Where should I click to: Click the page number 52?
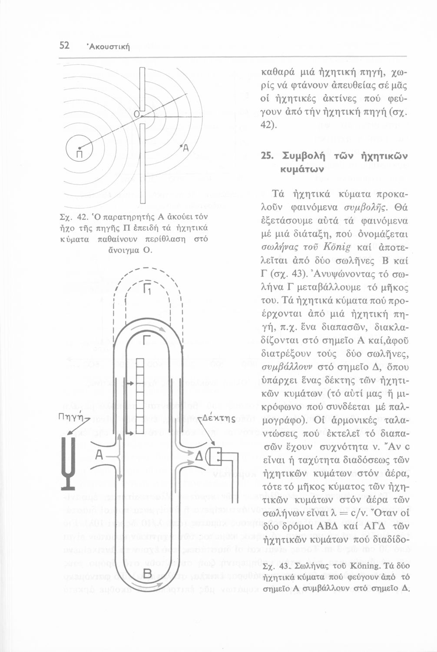click(64, 45)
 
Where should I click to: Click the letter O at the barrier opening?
click(136, 114)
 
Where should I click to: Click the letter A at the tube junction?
click(99, 456)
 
